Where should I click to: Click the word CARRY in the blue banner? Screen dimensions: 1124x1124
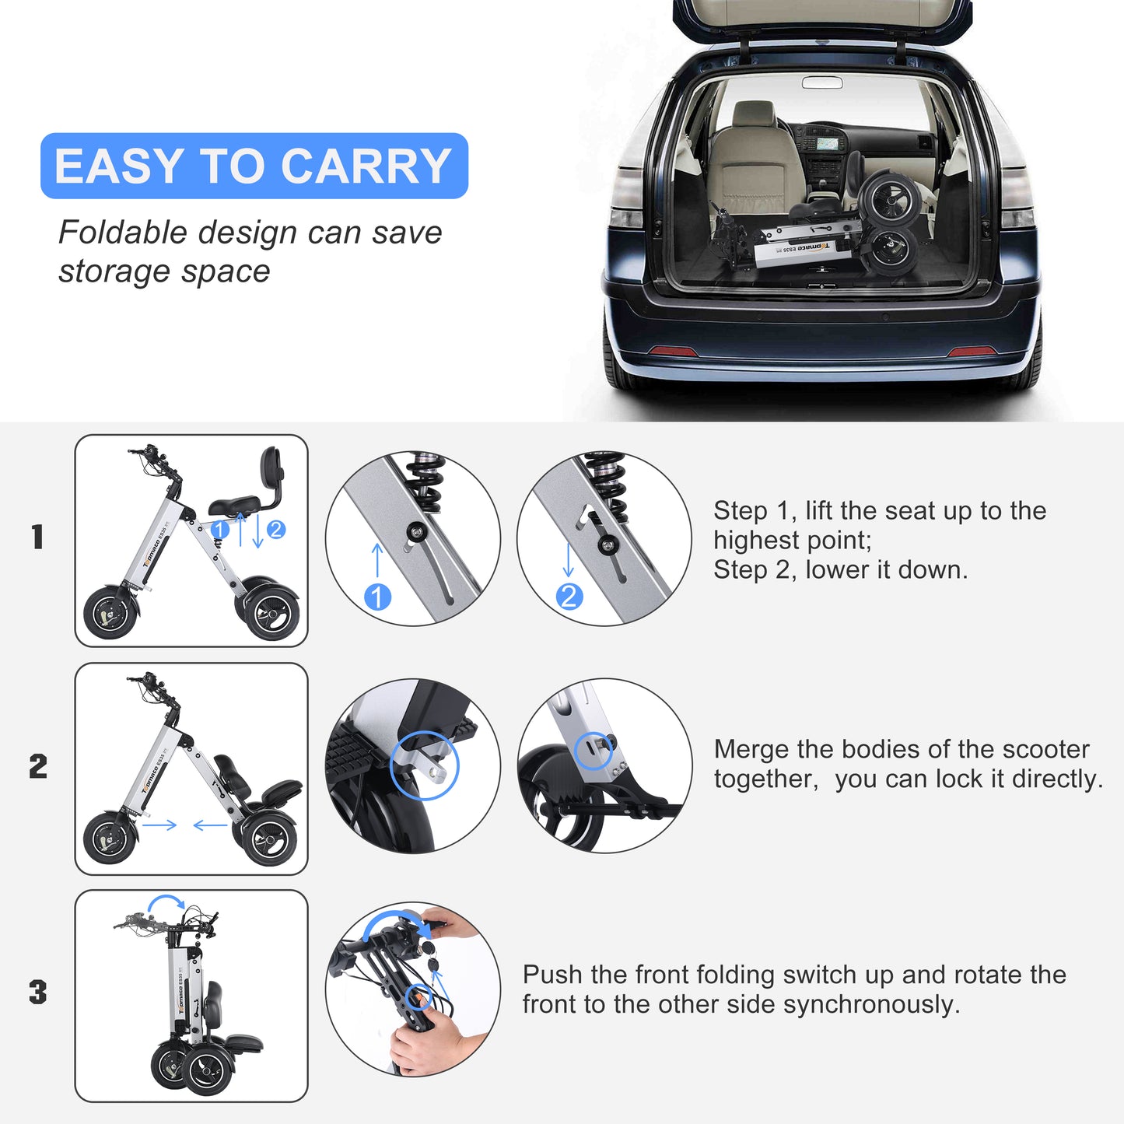click(366, 166)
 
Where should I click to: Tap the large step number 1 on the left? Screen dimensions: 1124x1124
click(37, 537)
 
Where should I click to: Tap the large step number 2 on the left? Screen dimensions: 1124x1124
click(38, 767)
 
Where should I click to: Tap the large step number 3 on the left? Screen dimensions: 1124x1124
click(37, 993)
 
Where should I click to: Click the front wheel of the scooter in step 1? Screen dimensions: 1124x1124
click(110, 612)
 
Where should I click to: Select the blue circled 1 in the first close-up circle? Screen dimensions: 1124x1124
click(377, 597)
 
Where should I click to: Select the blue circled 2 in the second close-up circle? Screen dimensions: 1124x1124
click(569, 597)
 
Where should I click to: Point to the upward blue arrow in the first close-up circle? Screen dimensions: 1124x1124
click(377, 559)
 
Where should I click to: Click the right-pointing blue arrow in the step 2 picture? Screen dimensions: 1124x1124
click(159, 825)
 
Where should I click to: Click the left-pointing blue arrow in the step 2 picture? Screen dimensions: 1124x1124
click(210, 825)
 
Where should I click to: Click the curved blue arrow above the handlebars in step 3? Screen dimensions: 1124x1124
click(166, 902)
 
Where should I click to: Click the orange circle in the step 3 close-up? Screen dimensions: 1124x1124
click(420, 996)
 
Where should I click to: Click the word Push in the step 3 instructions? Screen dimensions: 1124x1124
click(552, 975)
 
